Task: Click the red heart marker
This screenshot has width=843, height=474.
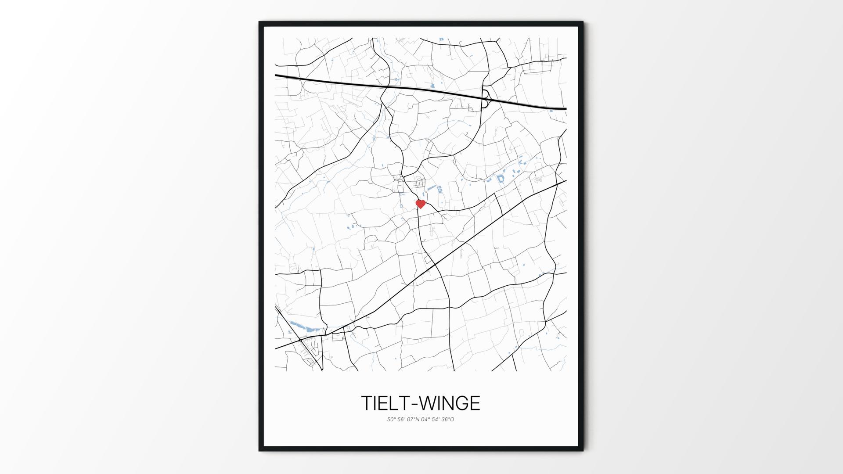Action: (x=421, y=204)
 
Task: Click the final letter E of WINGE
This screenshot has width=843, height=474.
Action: (x=475, y=403)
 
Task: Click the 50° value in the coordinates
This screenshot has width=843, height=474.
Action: (x=391, y=420)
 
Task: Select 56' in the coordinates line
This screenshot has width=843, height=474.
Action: (x=402, y=420)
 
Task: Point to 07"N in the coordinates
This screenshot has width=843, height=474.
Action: (x=414, y=420)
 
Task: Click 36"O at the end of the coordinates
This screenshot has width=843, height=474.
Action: (x=449, y=420)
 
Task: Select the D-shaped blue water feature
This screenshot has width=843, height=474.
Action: (x=501, y=179)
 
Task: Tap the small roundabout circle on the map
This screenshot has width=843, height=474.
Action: (x=300, y=340)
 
